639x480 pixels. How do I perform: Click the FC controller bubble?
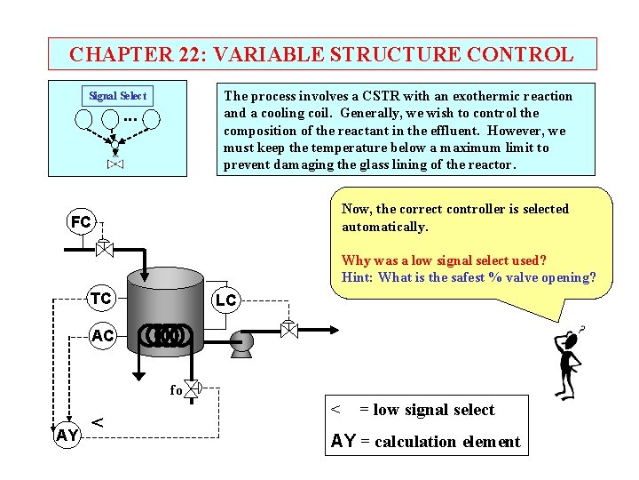[x=81, y=222]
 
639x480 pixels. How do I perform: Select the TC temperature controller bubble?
[x=101, y=299]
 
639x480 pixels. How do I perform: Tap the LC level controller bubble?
[x=225, y=300]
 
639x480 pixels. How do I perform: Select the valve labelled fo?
[x=191, y=388]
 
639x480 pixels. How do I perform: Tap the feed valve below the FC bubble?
[x=103, y=248]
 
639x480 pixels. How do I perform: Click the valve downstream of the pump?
[x=288, y=328]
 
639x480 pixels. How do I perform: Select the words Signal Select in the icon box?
[x=117, y=96]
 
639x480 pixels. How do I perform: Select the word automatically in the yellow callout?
[x=384, y=227]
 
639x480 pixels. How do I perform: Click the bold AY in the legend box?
[x=343, y=442]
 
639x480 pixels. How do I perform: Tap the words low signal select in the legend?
[x=434, y=410]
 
